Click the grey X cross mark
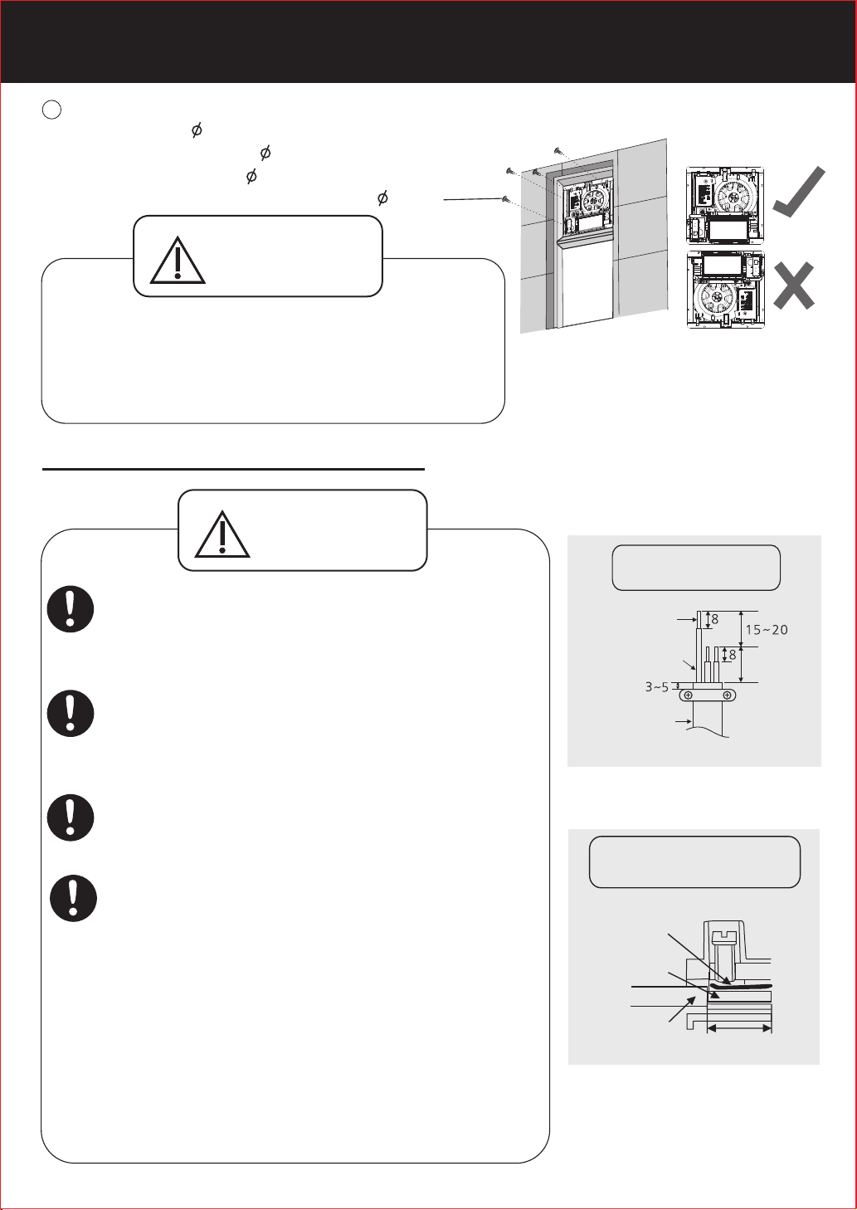tap(793, 285)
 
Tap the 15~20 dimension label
tap(767, 630)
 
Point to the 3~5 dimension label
tap(657, 687)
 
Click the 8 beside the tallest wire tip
tap(715, 620)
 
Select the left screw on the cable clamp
tap(688, 695)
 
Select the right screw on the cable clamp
tap(727, 695)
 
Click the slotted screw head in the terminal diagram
tap(723, 935)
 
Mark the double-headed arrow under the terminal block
tap(739, 1029)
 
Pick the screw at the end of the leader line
tap(506, 199)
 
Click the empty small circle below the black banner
tap(51, 110)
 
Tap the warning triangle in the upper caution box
tap(178, 261)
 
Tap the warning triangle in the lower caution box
tap(222, 534)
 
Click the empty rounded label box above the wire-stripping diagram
tap(696, 568)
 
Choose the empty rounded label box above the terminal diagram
tap(694, 862)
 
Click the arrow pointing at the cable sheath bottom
tap(683, 721)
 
